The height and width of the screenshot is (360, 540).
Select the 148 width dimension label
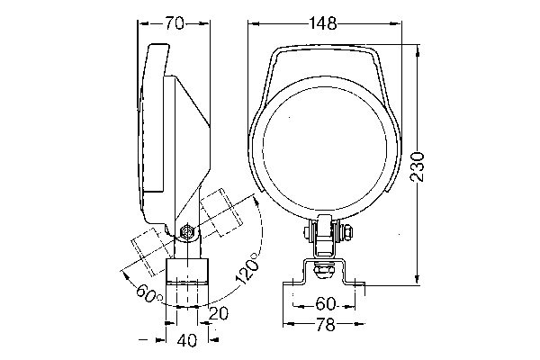(x=324, y=25)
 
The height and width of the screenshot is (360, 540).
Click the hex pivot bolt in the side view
(x=187, y=231)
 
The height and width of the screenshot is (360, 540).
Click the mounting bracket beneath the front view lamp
(x=325, y=274)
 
